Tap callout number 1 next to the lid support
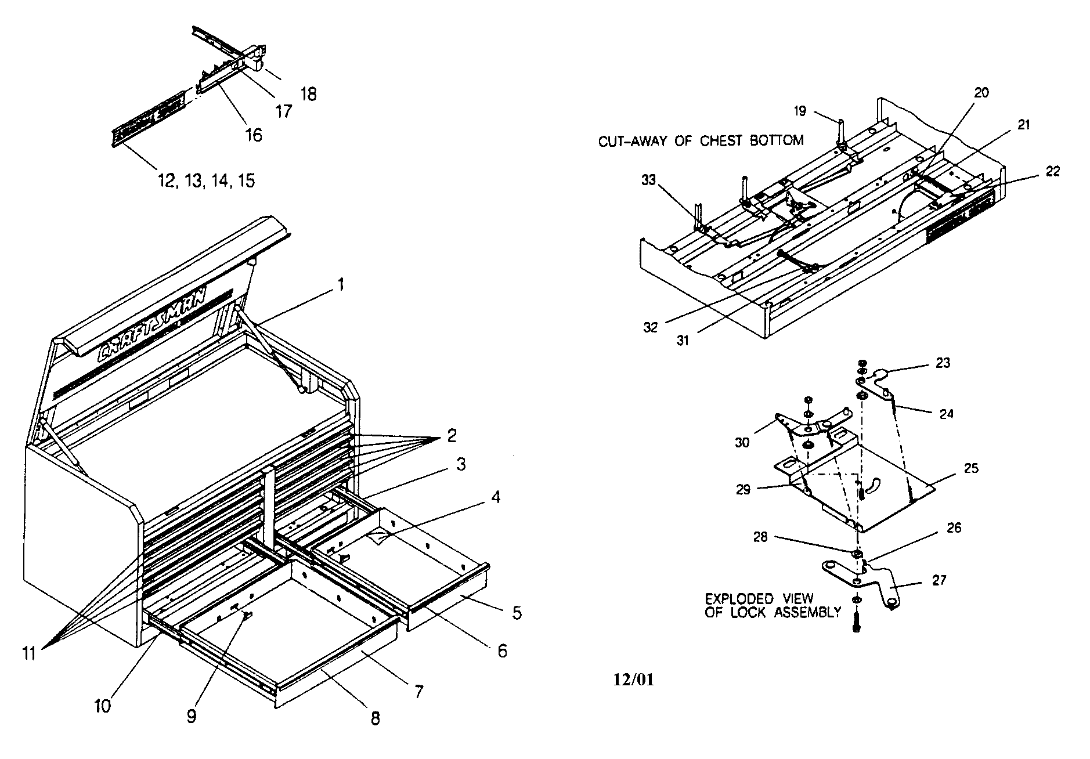[342, 285]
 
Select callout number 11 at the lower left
[29, 654]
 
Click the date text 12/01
[633, 680]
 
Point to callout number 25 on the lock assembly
[970, 468]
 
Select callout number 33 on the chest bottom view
[648, 180]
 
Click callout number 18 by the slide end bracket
[309, 94]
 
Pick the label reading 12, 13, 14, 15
[206, 180]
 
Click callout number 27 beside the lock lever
[939, 580]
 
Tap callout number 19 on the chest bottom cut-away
[800, 110]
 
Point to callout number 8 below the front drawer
[376, 718]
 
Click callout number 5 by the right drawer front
[517, 613]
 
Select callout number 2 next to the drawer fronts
[452, 435]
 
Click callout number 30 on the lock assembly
[742, 442]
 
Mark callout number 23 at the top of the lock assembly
[943, 363]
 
